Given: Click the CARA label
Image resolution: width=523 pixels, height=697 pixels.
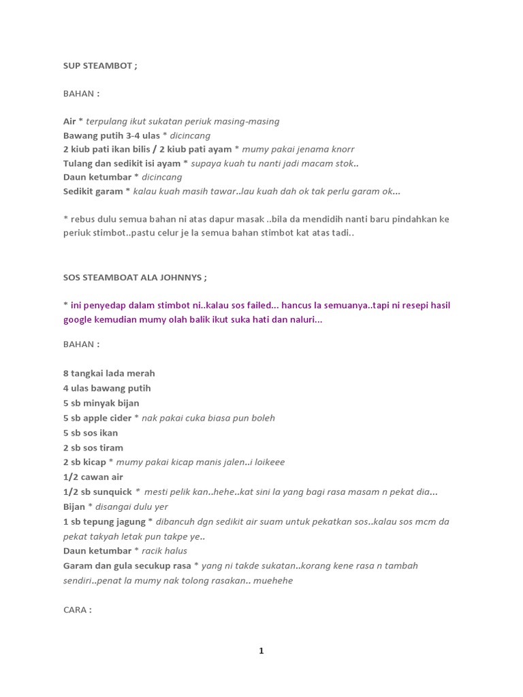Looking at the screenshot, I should click(x=76, y=610).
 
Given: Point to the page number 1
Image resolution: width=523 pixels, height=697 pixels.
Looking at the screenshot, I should click(x=261, y=651).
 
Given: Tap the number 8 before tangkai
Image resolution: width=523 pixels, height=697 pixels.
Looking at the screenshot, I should click(x=66, y=373).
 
